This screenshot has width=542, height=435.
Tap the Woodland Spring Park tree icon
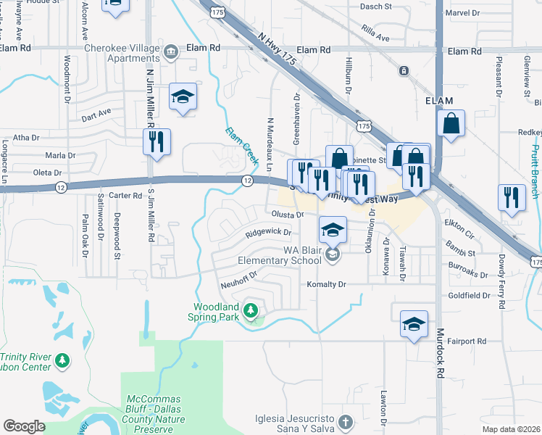tap(251, 311)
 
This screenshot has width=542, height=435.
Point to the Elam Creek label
tap(242, 144)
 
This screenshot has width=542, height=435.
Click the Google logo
tap(24, 426)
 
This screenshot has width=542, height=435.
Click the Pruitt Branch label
tap(534, 171)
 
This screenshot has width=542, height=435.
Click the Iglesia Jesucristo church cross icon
tap(346, 421)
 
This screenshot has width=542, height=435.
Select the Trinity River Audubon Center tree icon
tap(63, 360)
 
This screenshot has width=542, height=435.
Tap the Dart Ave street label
tap(96, 114)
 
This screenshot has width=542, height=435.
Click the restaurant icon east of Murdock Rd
tap(512, 198)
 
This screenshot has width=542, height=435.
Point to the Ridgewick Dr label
tap(267, 233)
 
